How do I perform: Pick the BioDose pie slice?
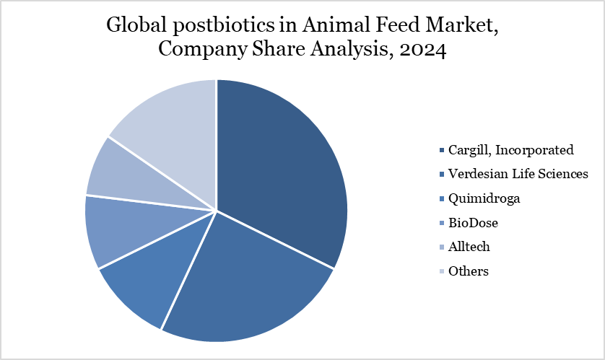pyautogui.click(x=119, y=227)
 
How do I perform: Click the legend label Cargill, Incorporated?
pyautogui.click(x=510, y=150)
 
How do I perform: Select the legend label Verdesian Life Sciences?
pyautogui.click(x=518, y=174)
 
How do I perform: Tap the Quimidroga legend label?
pyautogui.click(x=483, y=198)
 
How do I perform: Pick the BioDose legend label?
pyautogui.click(x=473, y=223)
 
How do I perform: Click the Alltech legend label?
pyautogui.click(x=469, y=247)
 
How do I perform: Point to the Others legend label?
pyautogui.click(x=468, y=271)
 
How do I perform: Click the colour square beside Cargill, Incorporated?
pyautogui.click(x=441, y=150)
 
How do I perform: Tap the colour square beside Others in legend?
pyautogui.click(x=441, y=271)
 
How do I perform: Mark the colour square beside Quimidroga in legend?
pyautogui.click(x=441, y=198)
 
